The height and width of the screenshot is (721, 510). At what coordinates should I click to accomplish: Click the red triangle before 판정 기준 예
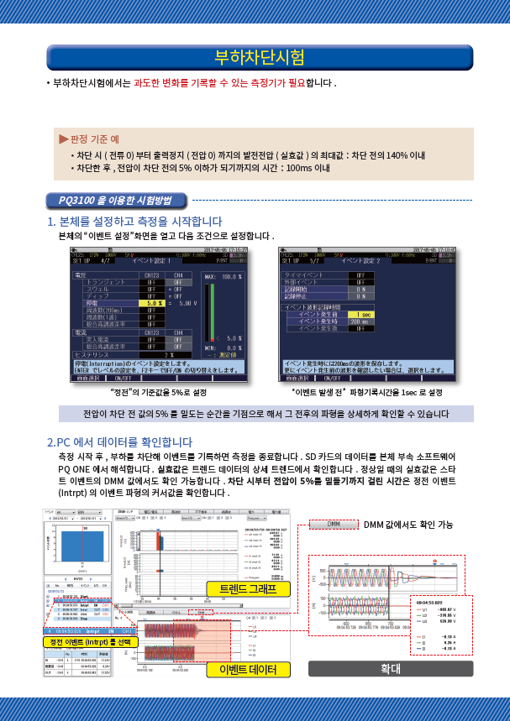[62, 138]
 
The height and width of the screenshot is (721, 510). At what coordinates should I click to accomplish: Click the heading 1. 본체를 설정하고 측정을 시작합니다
[135, 222]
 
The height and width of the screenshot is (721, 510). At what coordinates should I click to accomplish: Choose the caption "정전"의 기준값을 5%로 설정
[158, 392]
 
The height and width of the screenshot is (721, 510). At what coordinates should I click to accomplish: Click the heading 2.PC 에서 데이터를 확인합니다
[120, 441]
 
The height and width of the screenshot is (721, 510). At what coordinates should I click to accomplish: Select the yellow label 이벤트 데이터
[254, 669]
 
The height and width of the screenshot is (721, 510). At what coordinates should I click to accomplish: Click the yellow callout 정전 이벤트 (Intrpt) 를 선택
[91, 642]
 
